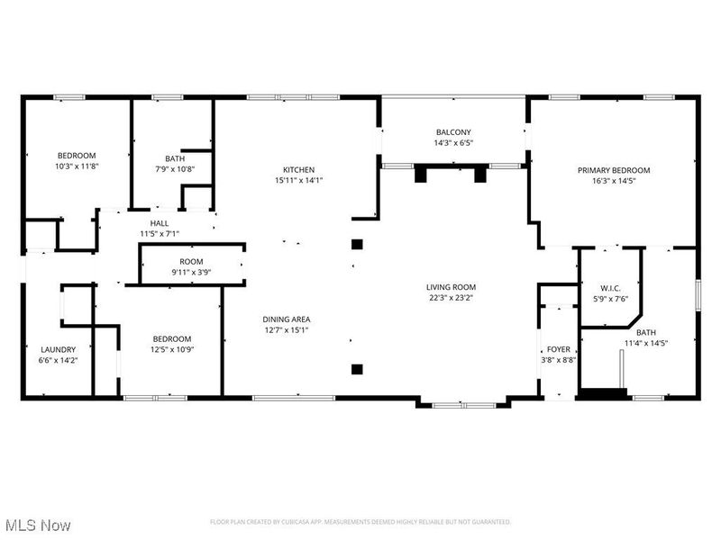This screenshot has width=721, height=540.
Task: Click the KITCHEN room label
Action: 298,169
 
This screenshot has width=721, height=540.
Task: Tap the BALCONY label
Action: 453,132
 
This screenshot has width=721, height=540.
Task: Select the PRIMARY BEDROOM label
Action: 613,169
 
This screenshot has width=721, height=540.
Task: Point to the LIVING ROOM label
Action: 451,288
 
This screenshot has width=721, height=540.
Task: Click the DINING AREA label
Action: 287,319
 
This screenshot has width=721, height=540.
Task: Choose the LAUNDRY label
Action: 59,349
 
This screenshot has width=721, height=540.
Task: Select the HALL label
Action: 159,223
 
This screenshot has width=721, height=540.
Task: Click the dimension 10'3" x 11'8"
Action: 77,166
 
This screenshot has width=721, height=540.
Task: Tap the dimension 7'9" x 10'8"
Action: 174,169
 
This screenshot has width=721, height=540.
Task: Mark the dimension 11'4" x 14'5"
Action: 645,342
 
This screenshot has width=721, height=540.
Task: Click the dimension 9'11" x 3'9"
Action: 190,272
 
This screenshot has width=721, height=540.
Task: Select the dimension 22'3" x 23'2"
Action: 451,299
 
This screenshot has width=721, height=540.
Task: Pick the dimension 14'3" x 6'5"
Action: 453,142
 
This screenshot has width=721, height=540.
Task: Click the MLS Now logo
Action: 37,525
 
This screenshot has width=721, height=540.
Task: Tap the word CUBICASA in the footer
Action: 290,522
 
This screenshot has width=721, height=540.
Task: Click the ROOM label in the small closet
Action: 190,262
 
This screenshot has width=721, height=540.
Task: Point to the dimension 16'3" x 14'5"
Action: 613,180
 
